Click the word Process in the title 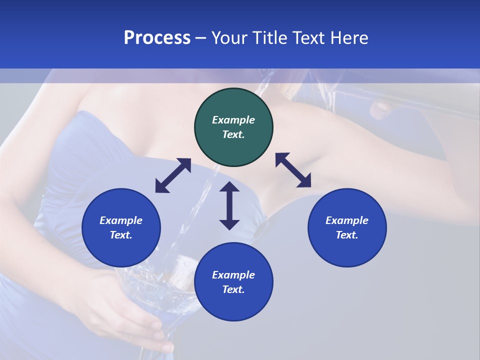point(157,38)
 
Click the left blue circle point(121,227)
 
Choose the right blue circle point(347,227)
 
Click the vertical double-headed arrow point(229,205)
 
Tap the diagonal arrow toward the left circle point(173,175)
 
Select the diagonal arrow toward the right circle point(293,170)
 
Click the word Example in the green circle point(233,120)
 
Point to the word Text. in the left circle point(121,235)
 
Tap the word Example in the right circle point(347,220)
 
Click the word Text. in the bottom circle point(233,289)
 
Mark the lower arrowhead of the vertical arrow point(229,224)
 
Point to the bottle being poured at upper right point(400,102)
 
